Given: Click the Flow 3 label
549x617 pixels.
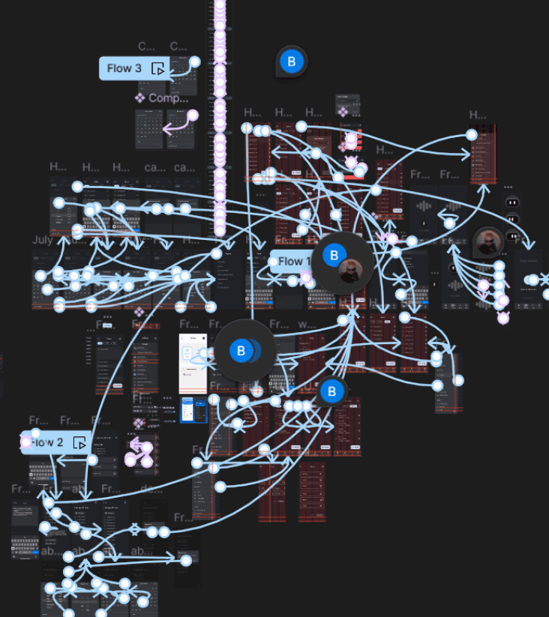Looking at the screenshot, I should pyautogui.click(x=124, y=68).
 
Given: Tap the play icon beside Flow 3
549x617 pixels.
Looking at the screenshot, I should pyautogui.click(x=157, y=69).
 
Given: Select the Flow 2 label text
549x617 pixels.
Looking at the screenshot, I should pyautogui.click(x=48, y=442).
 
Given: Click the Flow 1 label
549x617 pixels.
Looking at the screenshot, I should pyautogui.click(x=295, y=262).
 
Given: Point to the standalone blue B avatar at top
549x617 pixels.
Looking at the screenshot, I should pyautogui.click(x=292, y=62).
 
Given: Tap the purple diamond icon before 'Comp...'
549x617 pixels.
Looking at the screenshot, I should pyautogui.click(x=139, y=97).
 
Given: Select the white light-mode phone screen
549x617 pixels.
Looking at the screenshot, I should pyautogui.click(x=193, y=364).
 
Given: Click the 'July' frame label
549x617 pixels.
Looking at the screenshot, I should pyautogui.click(x=43, y=241).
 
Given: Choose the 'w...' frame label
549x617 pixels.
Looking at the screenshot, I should pyautogui.click(x=307, y=325).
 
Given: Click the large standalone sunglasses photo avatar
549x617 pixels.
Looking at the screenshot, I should pyautogui.click(x=487, y=243).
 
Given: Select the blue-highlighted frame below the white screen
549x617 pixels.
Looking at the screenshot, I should pyautogui.click(x=193, y=410).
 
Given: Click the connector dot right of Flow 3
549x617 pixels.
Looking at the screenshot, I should pyautogui.click(x=194, y=61).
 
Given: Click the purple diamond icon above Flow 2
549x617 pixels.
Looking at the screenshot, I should pyautogui.click(x=138, y=424).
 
